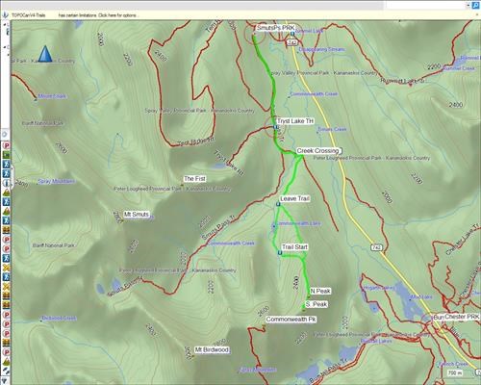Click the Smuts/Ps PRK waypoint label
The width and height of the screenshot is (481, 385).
point(273,29)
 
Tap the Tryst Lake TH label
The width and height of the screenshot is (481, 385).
point(295,121)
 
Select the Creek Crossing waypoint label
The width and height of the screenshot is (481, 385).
point(319,151)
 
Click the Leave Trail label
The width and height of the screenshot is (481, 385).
point(294,197)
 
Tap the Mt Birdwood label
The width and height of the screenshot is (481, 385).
point(212,349)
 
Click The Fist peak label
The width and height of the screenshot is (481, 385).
point(195,179)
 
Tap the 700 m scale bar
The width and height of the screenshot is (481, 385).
point(457,372)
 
